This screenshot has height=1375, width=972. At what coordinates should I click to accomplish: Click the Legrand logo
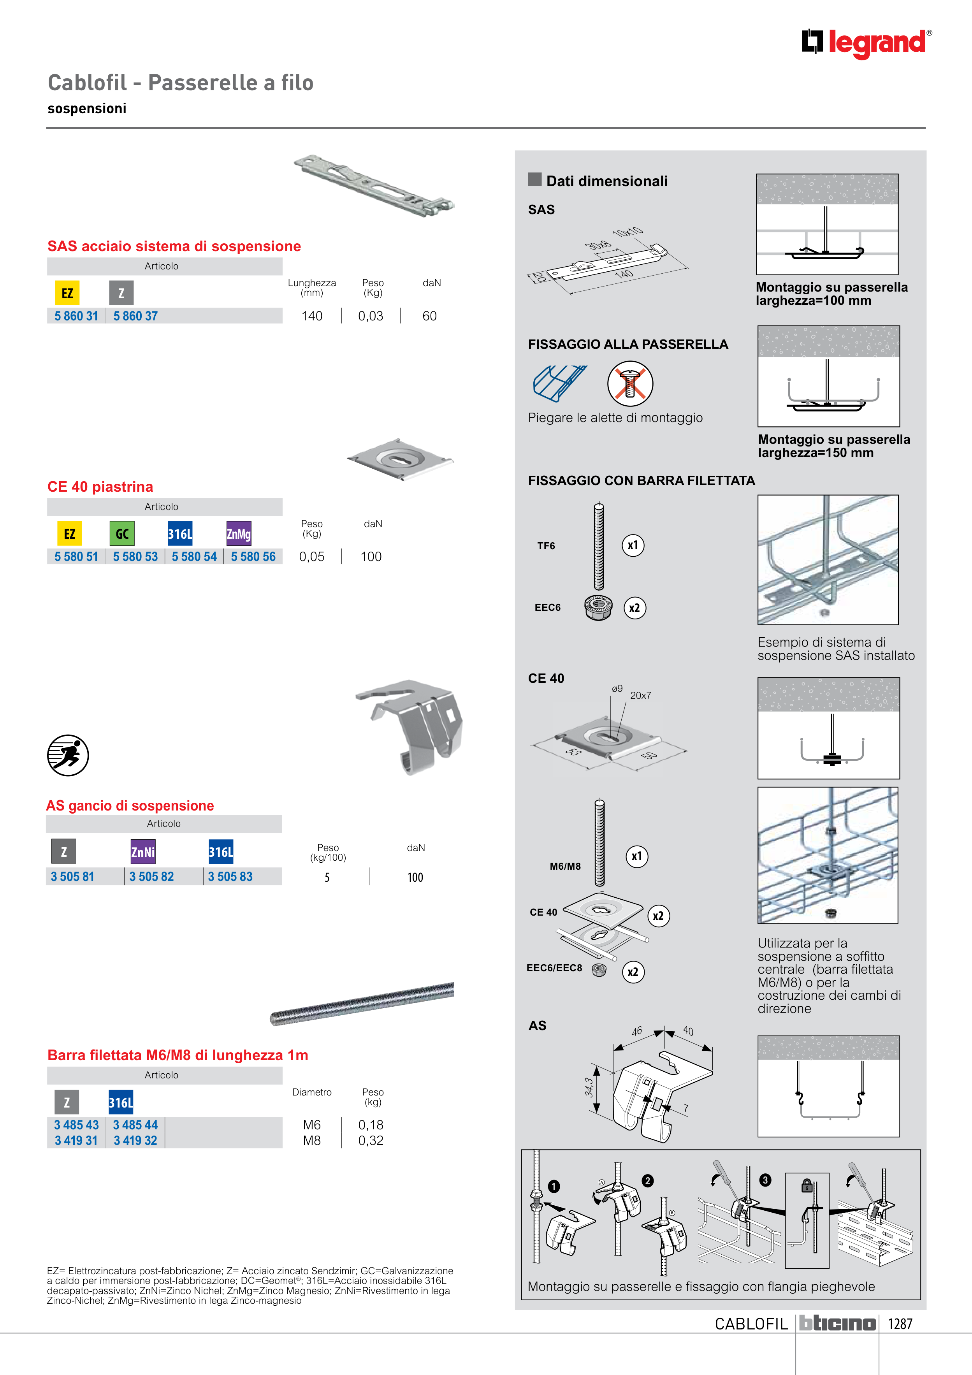click(x=866, y=43)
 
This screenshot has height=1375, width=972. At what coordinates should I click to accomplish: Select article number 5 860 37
click(x=135, y=316)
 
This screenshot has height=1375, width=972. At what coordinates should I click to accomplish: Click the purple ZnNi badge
click(x=143, y=852)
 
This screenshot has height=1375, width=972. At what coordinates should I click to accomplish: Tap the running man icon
click(x=68, y=755)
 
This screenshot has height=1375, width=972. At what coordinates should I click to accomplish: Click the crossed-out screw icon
click(x=629, y=384)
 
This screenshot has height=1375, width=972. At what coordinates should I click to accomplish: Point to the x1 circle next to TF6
click(x=633, y=545)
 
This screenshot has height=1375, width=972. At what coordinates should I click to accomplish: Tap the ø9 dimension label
click(x=617, y=689)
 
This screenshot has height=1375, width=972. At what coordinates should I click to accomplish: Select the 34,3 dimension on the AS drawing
click(x=589, y=1087)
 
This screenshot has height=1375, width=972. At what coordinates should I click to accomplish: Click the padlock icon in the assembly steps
click(x=807, y=1185)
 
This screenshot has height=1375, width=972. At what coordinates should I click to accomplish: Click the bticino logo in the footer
click(x=837, y=1324)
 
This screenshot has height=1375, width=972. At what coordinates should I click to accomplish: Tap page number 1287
click(x=900, y=1324)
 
